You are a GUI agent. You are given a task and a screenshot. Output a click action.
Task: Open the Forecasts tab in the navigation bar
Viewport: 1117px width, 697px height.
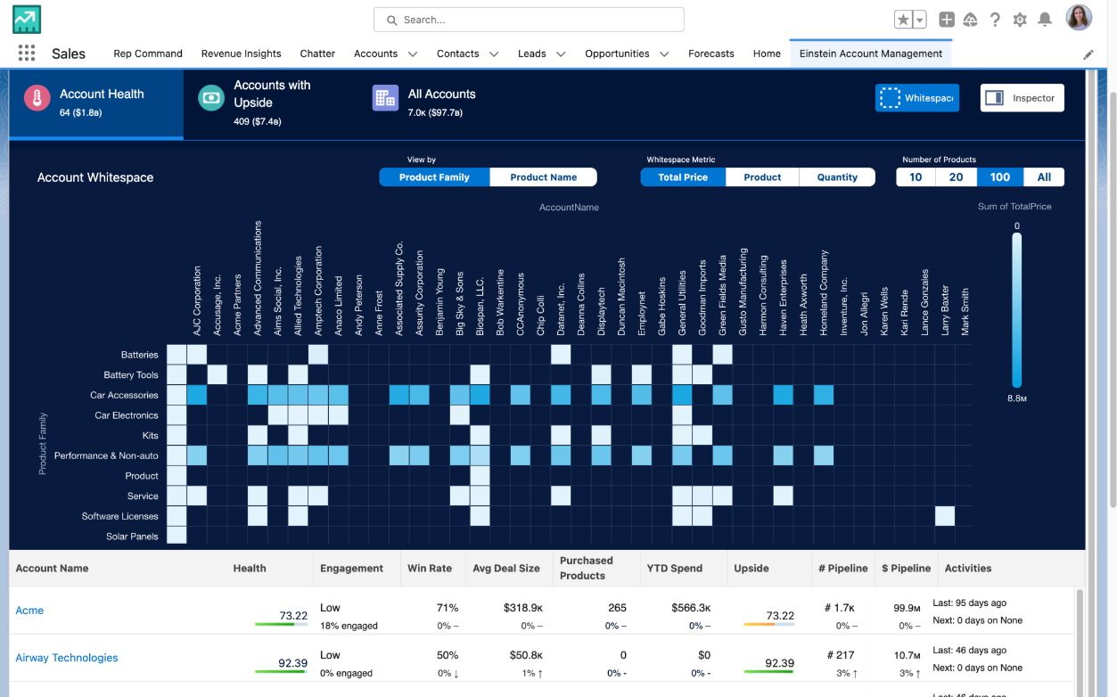710,53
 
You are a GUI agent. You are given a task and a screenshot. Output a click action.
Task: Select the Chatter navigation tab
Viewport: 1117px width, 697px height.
317,53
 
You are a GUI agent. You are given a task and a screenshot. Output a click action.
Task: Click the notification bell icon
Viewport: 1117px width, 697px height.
1045,20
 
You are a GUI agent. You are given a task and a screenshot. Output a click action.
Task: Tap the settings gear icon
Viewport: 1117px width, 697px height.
1020,20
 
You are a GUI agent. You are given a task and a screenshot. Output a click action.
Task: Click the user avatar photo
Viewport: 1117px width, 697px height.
1079,18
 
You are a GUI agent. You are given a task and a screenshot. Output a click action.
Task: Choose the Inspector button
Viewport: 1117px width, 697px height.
1022,98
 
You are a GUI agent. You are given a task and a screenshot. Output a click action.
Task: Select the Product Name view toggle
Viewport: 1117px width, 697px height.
543,177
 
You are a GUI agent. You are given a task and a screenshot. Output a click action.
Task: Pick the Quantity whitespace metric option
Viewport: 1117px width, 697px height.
837,177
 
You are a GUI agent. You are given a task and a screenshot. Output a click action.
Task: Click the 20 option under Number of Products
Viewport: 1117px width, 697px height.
956,177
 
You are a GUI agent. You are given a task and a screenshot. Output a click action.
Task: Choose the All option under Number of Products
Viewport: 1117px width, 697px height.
1044,177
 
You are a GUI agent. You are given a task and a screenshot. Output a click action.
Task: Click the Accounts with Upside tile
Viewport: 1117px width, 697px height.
271,102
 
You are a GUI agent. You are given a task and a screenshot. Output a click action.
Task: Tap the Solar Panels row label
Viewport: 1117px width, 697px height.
132,537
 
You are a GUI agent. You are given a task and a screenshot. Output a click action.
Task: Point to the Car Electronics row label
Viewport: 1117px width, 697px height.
127,415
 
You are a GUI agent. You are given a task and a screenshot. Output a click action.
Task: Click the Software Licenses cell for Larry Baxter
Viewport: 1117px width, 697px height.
945,516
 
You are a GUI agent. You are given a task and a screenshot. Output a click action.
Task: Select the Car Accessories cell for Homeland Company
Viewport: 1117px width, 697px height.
824,395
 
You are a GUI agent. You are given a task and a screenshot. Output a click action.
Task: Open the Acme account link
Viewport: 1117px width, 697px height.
29,611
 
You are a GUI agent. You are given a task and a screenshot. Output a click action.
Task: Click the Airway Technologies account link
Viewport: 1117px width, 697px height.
67,658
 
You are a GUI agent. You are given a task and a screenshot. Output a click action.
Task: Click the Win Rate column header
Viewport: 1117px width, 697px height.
430,568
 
